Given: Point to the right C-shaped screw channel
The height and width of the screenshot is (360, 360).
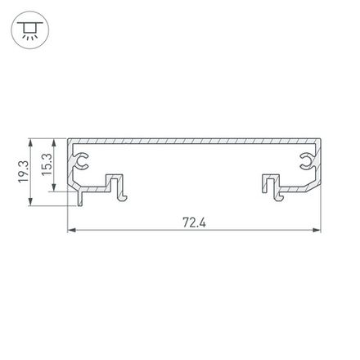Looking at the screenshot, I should [309, 162].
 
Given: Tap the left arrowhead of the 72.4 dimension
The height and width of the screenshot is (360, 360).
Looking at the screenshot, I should [70, 231].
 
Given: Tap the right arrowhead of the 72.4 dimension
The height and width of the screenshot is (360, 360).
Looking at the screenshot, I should [319, 231].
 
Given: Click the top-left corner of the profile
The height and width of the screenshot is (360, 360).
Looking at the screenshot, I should [68, 138].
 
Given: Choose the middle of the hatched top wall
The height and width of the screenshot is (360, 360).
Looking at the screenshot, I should [194, 142].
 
